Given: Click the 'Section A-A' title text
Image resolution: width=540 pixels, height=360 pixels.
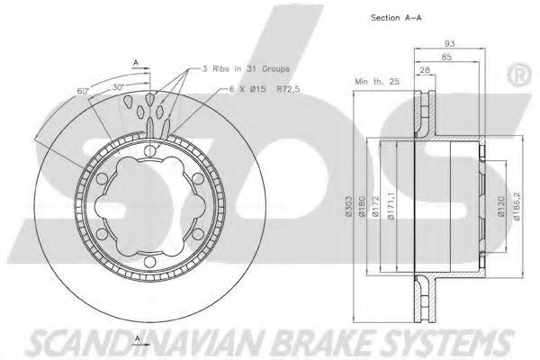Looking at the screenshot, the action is [x=396, y=18].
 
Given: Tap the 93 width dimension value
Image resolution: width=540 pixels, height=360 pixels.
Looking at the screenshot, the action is [x=449, y=44].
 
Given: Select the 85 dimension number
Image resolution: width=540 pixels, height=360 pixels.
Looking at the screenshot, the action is [x=446, y=57].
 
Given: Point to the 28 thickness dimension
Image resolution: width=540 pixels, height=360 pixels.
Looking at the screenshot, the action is [x=425, y=69].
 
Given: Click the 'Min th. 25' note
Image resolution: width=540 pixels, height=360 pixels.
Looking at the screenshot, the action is [x=377, y=82].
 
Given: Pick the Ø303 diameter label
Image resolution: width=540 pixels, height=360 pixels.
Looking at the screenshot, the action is [x=348, y=207].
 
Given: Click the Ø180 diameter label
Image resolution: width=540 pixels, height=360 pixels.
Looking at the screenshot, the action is [x=362, y=207].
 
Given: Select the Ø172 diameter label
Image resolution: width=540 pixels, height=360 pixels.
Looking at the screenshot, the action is [x=375, y=207].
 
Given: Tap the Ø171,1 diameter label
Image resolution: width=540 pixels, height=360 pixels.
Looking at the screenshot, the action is [x=391, y=206].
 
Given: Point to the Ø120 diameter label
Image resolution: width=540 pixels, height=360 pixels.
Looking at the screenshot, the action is [x=501, y=206].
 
